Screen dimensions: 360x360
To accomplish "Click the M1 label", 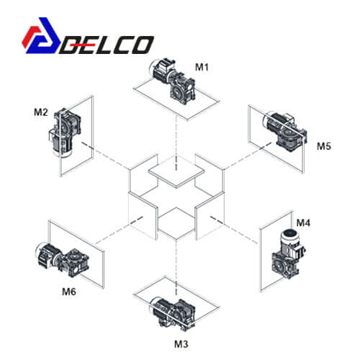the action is click(202, 67).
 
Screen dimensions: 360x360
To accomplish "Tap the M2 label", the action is click(41, 112).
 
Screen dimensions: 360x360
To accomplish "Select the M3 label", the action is click(181, 344).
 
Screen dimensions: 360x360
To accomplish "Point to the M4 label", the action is click(303, 222).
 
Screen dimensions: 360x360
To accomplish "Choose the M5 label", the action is click(324, 146).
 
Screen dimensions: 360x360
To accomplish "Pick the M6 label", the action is click(69, 292).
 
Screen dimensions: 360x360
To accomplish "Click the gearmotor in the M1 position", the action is click(172, 81).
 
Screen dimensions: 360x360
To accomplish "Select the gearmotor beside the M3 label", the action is click(174, 313).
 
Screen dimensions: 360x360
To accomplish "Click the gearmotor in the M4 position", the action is click(288, 253).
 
